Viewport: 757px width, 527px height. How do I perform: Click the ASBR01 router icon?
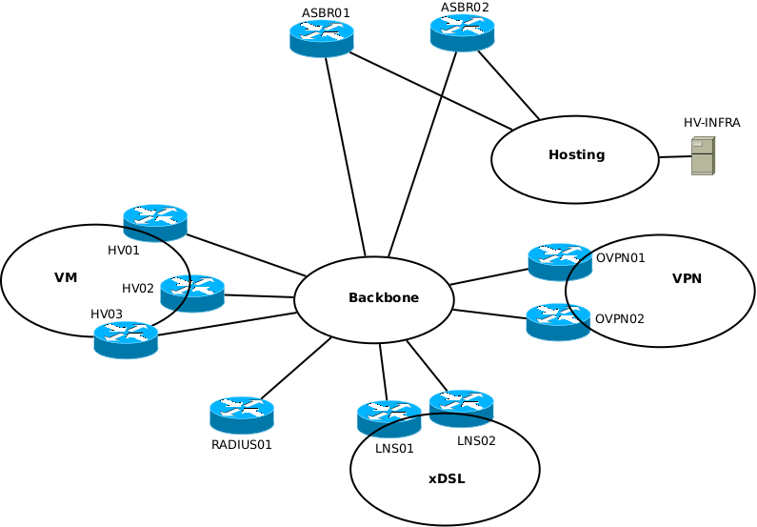[x=322, y=38]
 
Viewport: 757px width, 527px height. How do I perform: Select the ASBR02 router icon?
[x=463, y=32]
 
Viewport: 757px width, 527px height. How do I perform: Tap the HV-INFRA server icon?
[x=703, y=155]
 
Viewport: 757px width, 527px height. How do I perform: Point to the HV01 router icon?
[x=155, y=223]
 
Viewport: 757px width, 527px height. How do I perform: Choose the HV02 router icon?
[x=192, y=293]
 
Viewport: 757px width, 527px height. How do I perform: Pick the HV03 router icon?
[x=126, y=339]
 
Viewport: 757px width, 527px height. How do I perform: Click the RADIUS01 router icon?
[x=242, y=416]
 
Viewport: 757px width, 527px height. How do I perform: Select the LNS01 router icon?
[x=388, y=419]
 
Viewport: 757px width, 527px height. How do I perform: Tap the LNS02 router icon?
[x=461, y=408]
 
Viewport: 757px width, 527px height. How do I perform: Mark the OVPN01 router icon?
[x=560, y=262]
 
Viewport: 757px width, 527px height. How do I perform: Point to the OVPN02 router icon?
[x=558, y=322]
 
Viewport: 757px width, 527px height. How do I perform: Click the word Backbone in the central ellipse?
[x=384, y=298]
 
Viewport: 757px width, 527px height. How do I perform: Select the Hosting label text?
[x=576, y=155]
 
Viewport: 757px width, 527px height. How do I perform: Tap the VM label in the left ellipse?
[x=66, y=278]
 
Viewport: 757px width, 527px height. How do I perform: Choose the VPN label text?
[x=687, y=279]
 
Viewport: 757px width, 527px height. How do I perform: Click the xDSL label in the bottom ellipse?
[x=447, y=479]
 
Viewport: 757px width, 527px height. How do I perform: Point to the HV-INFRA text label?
[x=711, y=123]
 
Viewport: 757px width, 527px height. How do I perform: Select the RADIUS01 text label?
[x=242, y=444]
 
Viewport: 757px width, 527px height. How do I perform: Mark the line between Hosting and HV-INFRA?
[x=674, y=156]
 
